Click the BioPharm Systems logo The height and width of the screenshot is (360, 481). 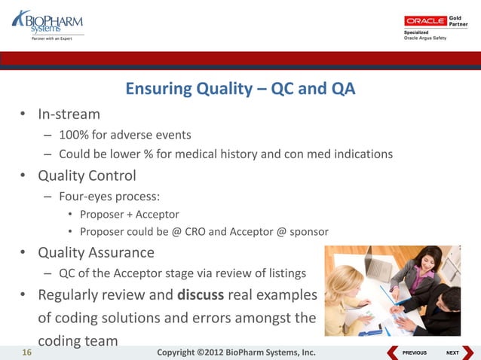pos(47,25)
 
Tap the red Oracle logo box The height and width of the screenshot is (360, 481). pos(425,21)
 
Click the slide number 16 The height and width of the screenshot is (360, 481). pos(26,352)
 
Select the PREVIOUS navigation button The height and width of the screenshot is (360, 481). pos(408,352)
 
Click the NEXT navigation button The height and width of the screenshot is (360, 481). pos(459,352)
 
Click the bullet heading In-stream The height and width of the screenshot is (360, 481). pos(69,114)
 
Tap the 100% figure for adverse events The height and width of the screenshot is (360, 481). pos(74,135)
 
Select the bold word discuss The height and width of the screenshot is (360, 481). pos(201,294)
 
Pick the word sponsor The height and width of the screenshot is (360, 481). pos(309,232)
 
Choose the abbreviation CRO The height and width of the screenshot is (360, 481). pos(195,232)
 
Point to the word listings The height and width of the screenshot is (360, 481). pos(287,273)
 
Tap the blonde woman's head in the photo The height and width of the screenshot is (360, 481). pos(345,283)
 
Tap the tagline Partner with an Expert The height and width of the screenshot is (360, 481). pos(52,38)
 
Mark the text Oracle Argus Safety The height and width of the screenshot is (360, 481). pos(425,38)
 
